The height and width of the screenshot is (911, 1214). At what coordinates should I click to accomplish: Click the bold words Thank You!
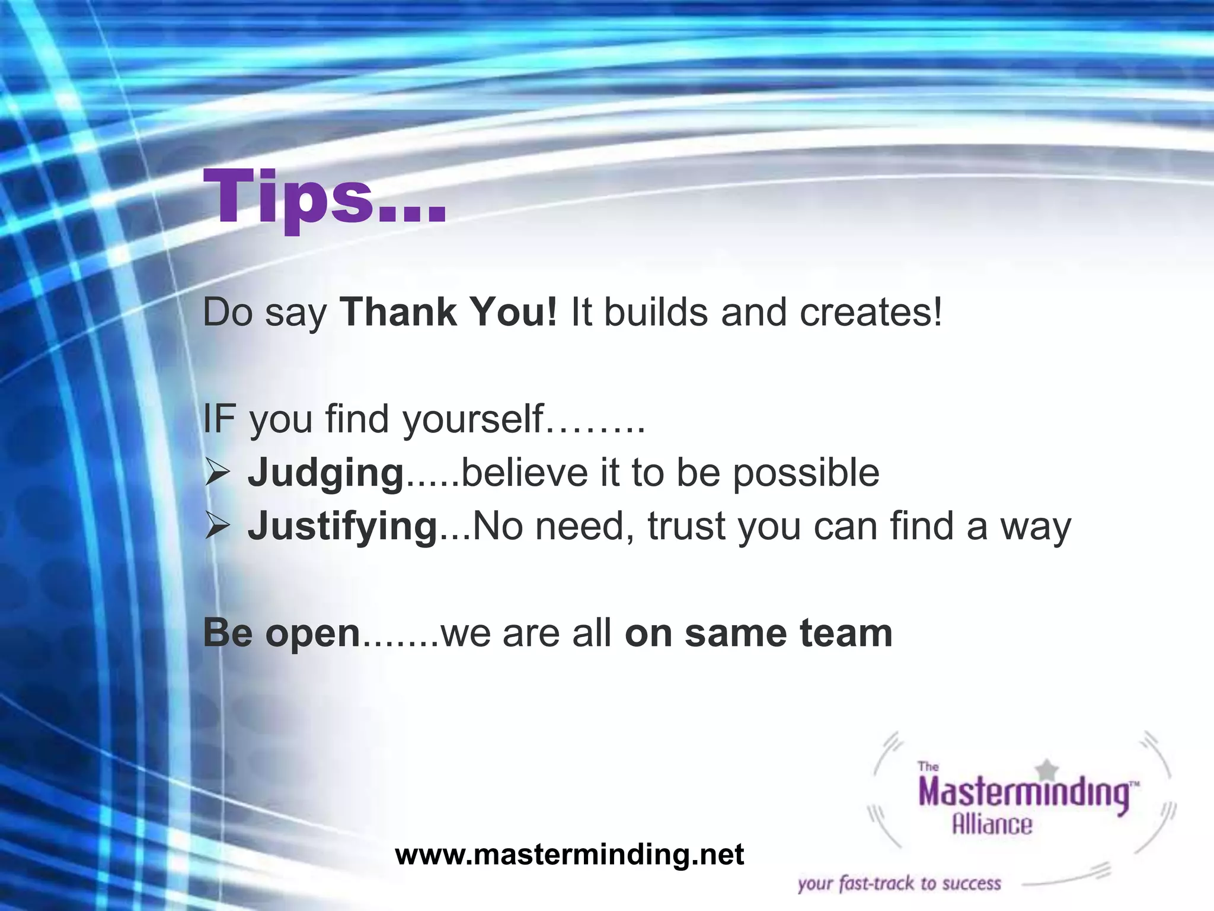click(448, 312)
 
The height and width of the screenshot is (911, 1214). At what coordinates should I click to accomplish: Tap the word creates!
click(870, 312)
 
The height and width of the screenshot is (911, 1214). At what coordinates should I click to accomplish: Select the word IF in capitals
click(219, 419)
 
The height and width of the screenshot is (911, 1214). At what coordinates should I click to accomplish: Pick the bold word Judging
click(326, 473)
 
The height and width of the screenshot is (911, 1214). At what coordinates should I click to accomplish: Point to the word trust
click(686, 526)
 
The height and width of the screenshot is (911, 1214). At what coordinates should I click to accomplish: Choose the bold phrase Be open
click(282, 633)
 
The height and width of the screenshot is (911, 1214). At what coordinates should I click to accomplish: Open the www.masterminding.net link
click(569, 855)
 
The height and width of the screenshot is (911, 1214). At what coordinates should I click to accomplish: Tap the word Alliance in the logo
click(992, 825)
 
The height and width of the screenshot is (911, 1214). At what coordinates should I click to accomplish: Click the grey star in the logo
click(1048, 769)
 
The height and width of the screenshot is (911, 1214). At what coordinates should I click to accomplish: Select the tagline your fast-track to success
click(899, 884)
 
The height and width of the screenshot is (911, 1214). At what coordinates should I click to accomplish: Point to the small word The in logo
click(928, 766)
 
